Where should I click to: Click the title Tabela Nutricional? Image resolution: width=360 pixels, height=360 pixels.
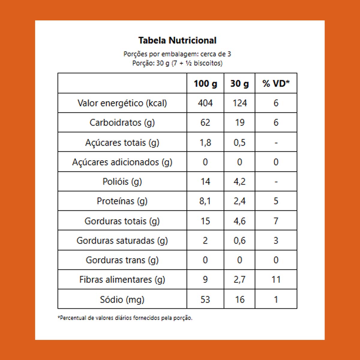click(x=177, y=40)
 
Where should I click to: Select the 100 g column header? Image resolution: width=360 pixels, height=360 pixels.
click(x=205, y=83)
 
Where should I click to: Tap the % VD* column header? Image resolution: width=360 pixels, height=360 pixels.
click(x=276, y=83)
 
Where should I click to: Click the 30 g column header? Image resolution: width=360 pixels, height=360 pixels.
click(x=239, y=83)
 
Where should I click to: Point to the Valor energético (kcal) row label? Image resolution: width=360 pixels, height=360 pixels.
click(x=122, y=103)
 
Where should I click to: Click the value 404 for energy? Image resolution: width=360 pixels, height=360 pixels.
click(x=205, y=103)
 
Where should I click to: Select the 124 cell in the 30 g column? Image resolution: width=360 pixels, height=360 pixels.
click(x=240, y=103)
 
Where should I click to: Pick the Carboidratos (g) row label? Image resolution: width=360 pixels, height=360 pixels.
click(x=122, y=123)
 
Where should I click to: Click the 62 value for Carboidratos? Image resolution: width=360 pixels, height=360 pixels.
click(x=205, y=123)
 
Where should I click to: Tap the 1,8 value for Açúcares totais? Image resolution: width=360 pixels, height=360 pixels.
click(x=205, y=142)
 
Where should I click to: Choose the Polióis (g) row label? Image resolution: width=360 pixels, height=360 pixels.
click(x=122, y=182)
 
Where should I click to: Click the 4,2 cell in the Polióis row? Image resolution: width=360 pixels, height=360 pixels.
click(x=240, y=182)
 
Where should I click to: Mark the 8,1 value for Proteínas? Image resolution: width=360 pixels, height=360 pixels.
click(x=205, y=201)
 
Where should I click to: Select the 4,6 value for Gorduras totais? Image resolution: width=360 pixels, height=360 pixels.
click(x=240, y=221)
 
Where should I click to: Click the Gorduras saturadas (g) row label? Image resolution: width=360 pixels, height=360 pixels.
click(x=122, y=241)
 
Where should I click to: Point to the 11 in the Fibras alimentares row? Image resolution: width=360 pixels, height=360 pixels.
click(x=276, y=280)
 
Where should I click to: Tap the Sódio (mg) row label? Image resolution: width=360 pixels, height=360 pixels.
click(x=122, y=299)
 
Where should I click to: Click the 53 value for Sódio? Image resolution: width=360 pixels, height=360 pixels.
click(x=205, y=299)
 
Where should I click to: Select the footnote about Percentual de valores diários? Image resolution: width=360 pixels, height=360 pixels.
click(x=125, y=318)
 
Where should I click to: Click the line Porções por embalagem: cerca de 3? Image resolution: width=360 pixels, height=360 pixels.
click(x=177, y=54)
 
